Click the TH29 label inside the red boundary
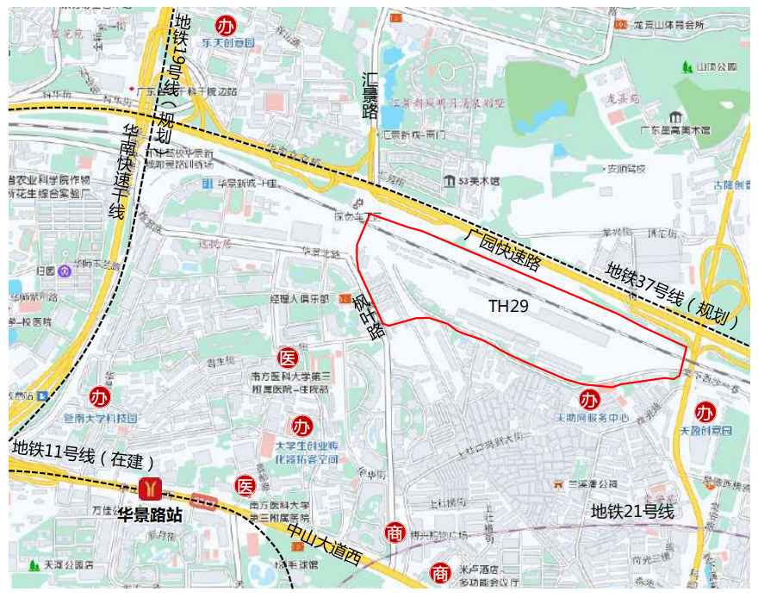(x=508, y=306)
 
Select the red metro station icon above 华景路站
(x=151, y=489)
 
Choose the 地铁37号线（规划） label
(x=673, y=297)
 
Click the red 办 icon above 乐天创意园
(x=226, y=24)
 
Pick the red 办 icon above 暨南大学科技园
(x=100, y=398)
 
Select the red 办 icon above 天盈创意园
(x=705, y=412)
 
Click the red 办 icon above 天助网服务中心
(x=590, y=400)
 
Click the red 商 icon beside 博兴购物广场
(x=395, y=533)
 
